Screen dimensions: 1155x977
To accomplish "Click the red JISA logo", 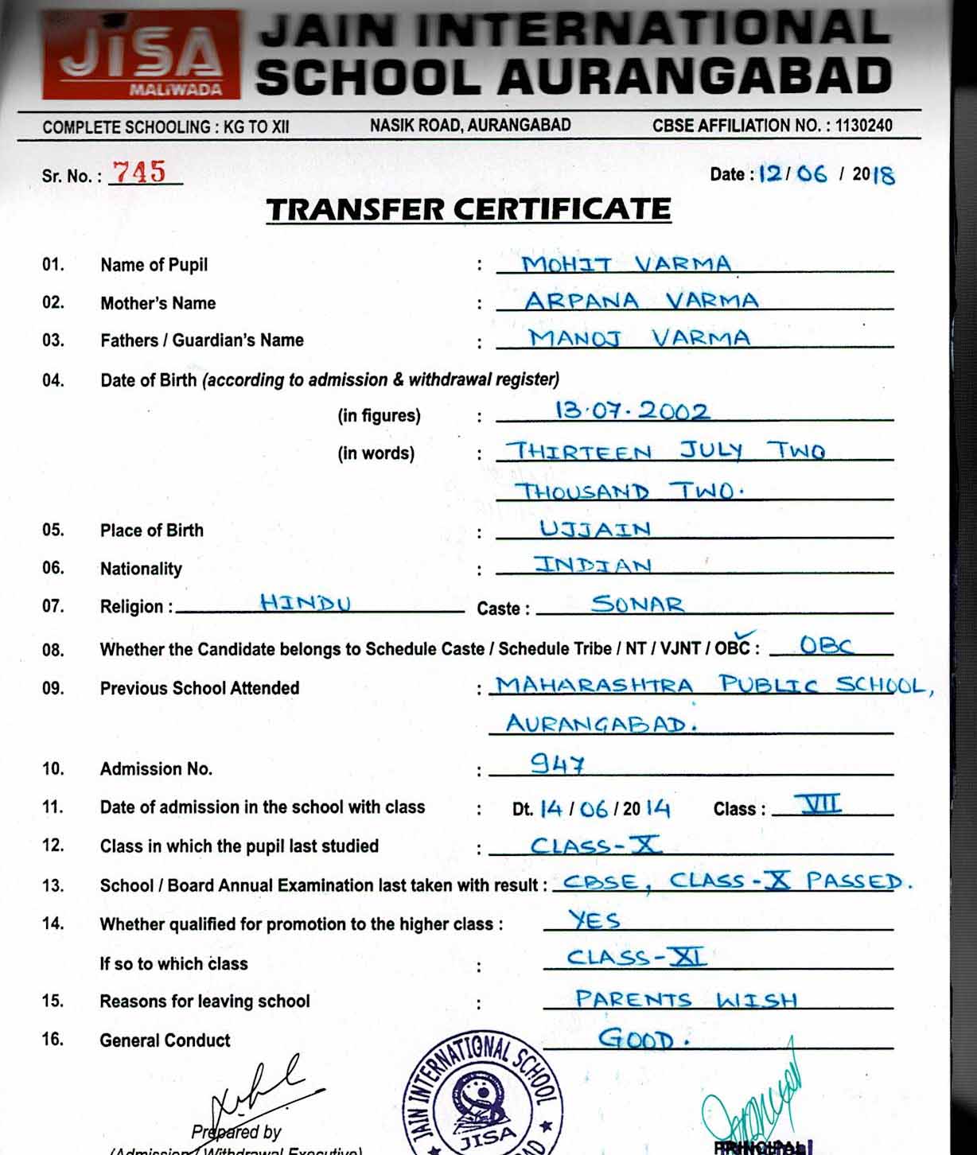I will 141,54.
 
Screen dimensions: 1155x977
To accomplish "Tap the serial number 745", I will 139,172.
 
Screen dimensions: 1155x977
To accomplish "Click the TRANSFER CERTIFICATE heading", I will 469,209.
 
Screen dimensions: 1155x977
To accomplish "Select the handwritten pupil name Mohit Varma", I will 626,263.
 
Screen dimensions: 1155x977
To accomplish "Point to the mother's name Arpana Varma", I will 641,301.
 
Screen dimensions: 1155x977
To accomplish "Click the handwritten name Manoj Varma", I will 640,338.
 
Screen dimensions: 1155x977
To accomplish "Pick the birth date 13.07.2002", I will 632,410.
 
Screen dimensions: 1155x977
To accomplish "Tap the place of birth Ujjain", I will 595,528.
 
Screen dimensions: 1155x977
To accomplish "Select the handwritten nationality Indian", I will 594,566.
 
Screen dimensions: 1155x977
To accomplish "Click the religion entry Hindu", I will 306,603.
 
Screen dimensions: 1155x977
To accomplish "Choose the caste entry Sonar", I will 637,604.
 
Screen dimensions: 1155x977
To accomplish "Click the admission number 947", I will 558,764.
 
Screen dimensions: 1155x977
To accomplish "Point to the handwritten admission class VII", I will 820,804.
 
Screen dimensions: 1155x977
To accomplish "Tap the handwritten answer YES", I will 594,920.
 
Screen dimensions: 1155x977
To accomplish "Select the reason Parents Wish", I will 686,999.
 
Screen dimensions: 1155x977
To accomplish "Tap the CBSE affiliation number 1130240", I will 863,126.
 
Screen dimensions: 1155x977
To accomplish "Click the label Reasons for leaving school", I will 204,1001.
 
